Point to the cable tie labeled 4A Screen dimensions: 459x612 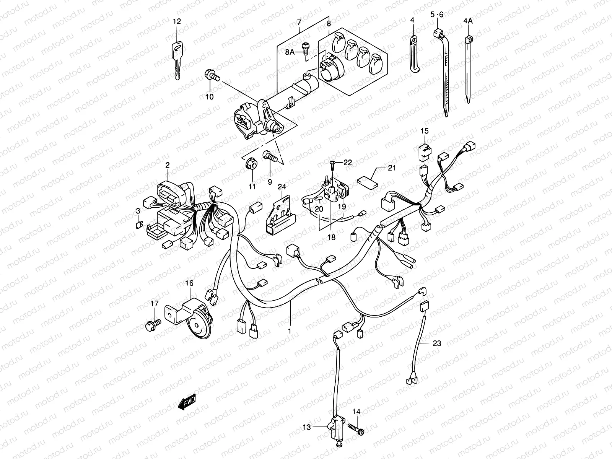point(468,69)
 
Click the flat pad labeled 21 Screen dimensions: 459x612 point(367,181)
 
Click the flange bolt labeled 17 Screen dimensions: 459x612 point(152,325)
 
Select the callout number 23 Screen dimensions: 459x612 point(436,343)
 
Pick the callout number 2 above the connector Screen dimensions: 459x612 point(167,165)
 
